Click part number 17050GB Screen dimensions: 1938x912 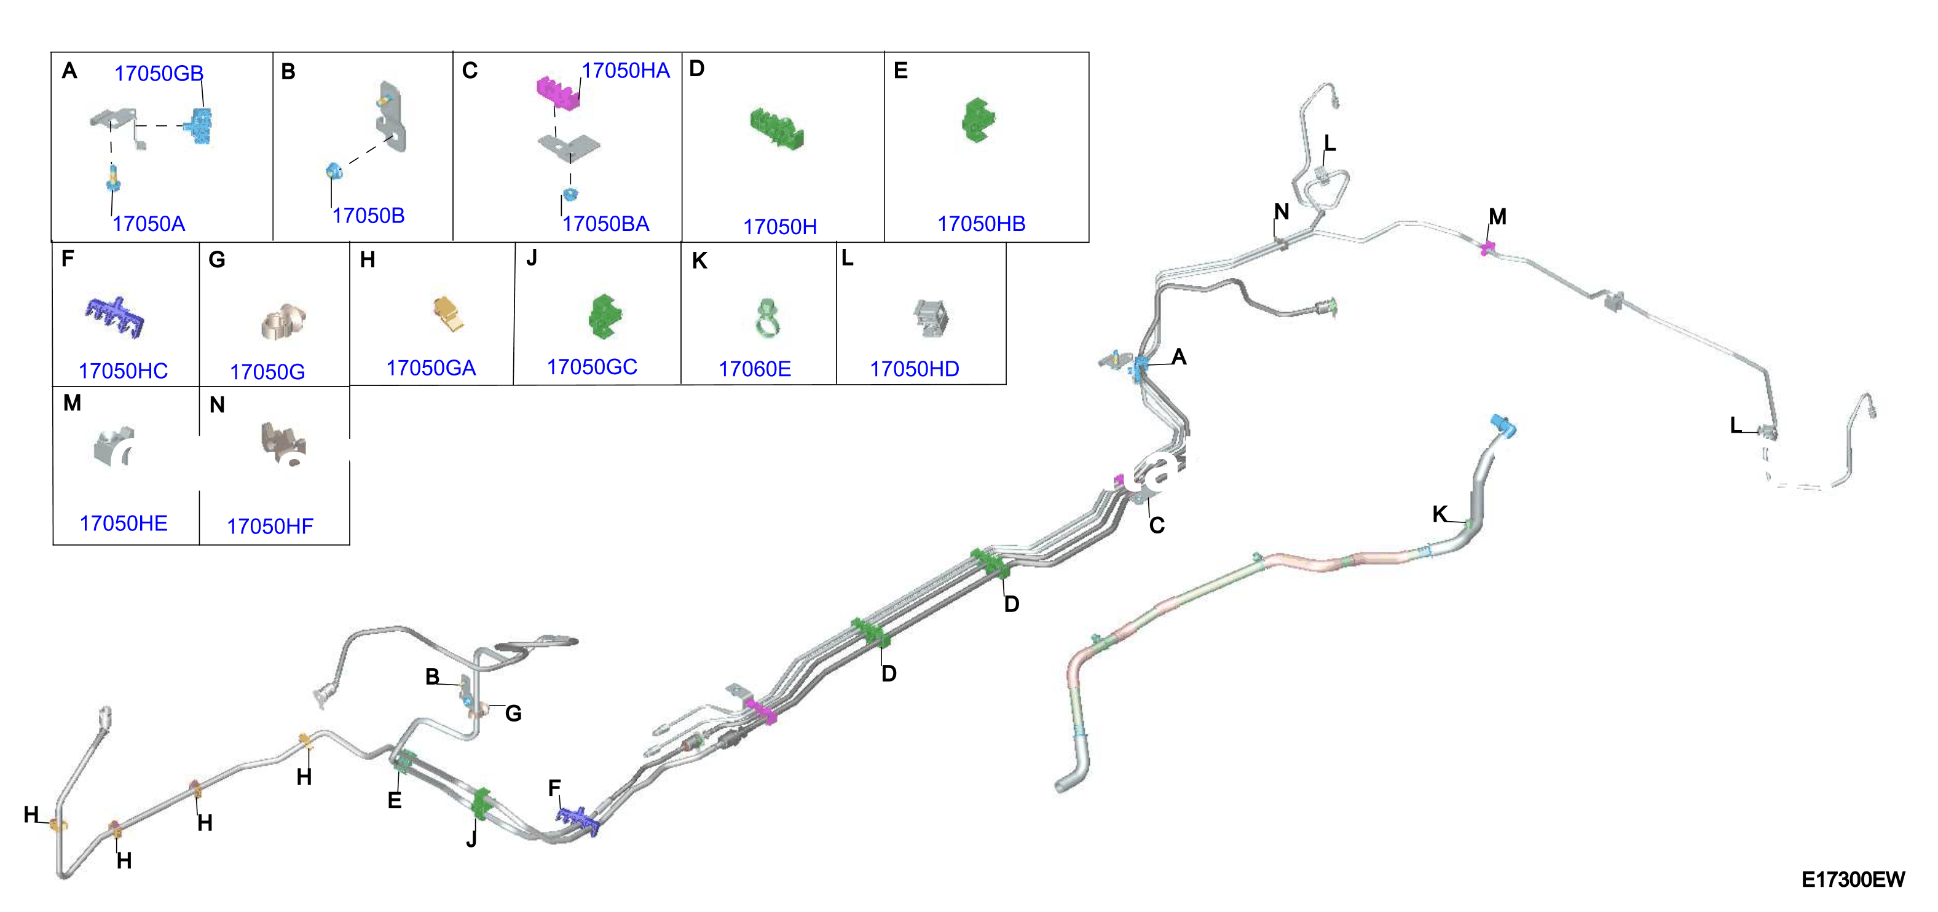[x=159, y=73]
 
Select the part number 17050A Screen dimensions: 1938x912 [x=149, y=224]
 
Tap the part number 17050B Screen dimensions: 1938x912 [x=369, y=215]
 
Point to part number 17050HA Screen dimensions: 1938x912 [x=625, y=70]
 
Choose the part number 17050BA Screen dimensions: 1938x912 [x=605, y=224]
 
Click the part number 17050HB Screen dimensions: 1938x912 [x=981, y=224]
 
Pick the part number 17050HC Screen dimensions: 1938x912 [x=124, y=371]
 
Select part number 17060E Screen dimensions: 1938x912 [x=755, y=369]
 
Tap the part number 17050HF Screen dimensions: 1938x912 [x=270, y=526]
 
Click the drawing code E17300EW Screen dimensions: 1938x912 [x=1853, y=879]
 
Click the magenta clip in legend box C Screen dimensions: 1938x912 [x=558, y=92]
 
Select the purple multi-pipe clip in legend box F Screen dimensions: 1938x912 [x=114, y=316]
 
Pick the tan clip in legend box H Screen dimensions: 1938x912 [x=449, y=314]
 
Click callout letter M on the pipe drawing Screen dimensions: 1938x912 [x=1497, y=217]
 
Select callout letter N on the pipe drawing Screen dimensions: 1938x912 [x=1281, y=211]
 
